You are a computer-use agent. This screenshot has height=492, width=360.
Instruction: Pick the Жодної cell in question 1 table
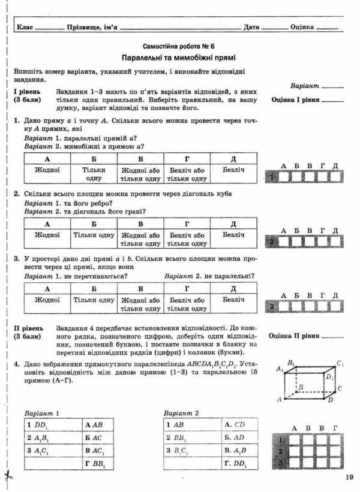[47, 170]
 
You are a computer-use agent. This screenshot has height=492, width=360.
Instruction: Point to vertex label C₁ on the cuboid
[340, 364]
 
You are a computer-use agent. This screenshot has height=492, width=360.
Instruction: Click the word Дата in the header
[251, 27]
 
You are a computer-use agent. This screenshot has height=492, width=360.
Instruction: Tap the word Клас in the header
[26, 27]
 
